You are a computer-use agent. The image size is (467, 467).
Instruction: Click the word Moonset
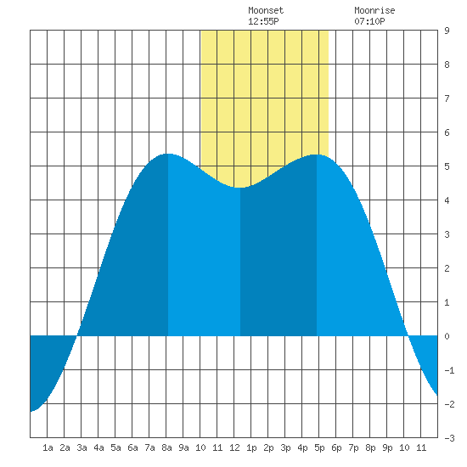(266, 10)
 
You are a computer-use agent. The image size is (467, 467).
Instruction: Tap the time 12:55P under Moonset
(263, 21)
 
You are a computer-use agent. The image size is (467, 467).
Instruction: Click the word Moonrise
(374, 10)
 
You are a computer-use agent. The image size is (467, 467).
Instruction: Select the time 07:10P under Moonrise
(369, 21)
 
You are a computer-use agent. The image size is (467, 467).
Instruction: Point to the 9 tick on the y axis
(447, 31)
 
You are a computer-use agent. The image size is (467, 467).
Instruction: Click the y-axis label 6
(447, 132)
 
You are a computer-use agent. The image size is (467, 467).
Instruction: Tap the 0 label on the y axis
(447, 336)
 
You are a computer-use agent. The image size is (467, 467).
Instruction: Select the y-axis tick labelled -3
(449, 438)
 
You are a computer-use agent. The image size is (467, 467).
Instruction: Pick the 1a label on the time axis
(48, 447)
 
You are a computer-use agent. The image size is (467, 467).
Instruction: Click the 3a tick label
(82, 447)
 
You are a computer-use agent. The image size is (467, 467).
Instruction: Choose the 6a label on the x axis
(132, 447)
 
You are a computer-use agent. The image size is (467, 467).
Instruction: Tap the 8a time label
(166, 447)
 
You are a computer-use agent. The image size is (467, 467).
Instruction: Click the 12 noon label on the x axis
(234, 447)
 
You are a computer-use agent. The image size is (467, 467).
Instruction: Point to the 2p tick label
(268, 447)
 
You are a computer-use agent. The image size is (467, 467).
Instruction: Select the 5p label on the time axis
(319, 447)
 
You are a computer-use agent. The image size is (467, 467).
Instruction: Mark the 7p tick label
(353, 447)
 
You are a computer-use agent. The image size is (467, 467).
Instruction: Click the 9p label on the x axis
(387, 447)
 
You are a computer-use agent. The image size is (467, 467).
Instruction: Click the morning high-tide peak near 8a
(169, 154)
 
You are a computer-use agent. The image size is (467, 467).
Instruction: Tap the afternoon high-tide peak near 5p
(317, 155)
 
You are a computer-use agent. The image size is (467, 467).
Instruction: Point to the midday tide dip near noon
(240, 188)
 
